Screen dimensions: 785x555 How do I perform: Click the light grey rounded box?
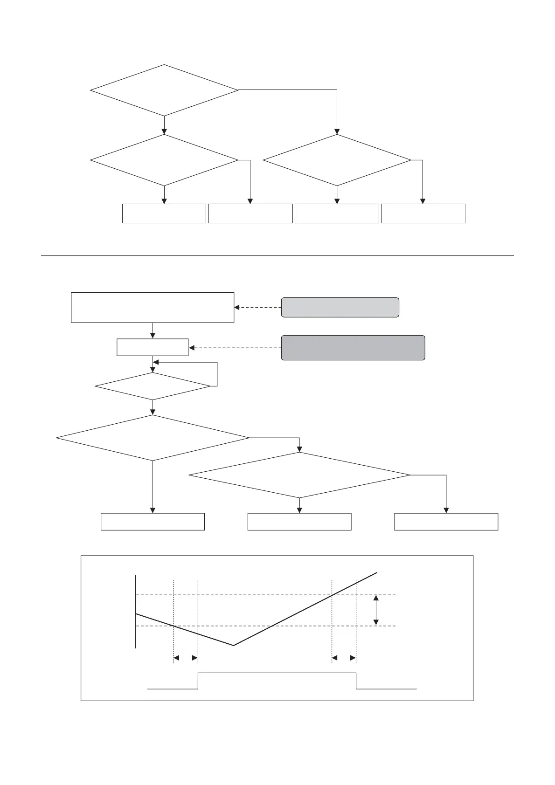pos(340,307)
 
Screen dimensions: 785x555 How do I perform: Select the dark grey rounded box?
pos(353,348)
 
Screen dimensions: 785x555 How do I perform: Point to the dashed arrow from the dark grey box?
pos(235,348)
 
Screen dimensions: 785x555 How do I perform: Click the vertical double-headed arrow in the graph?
pos(376,610)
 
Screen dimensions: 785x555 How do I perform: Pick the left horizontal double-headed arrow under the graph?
pos(186,658)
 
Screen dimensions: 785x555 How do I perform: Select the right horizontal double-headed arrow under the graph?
pos(344,658)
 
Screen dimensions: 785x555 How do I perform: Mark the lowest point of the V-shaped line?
pos(233,645)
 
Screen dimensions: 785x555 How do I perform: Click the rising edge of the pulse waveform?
pos(198,681)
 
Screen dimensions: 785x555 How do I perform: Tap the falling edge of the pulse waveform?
pos(356,681)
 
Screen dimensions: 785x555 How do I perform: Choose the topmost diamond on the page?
pos(164,90)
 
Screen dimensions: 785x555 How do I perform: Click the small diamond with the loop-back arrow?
pos(153,386)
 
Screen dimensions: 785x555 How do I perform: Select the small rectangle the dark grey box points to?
pos(153,347)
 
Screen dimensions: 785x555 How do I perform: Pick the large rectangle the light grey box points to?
pos(153,307)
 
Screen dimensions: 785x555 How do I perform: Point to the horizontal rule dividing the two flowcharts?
pos(277,255)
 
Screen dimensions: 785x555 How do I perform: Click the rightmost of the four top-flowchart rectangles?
pos(423,213)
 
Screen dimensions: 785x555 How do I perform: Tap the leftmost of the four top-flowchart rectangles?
pos(164,213)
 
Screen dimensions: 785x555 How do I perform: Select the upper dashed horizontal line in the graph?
pos(266,595)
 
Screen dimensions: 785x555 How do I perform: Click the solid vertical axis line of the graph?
pos(136,611)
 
